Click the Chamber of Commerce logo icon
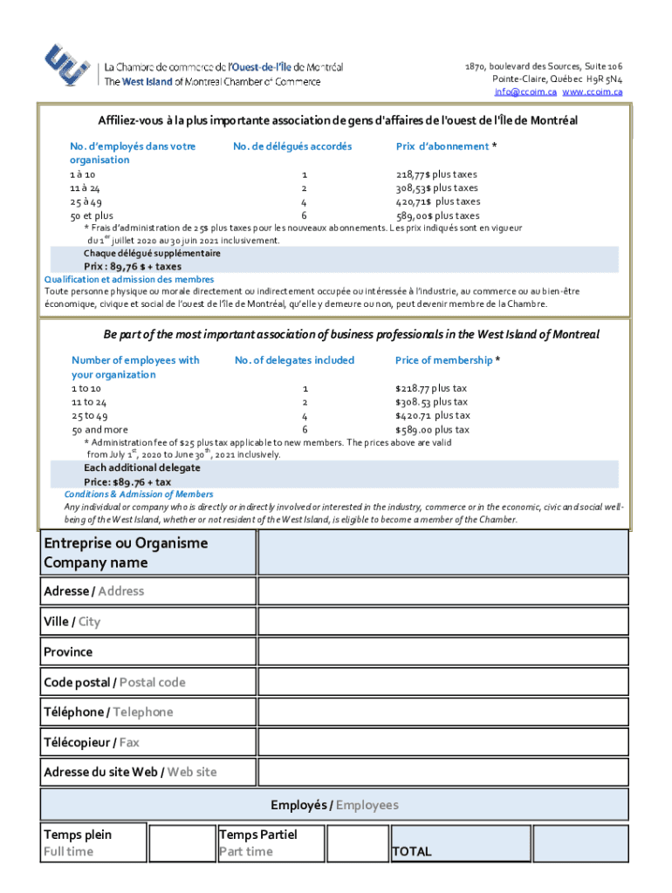click(68, 66)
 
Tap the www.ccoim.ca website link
click(592, 92)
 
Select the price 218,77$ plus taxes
click(436, 174)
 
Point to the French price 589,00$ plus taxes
click(437, 215)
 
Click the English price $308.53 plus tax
click(431, 402)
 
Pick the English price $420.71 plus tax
click(432, 416)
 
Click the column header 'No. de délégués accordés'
click(292, 147)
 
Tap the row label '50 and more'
click(99, 430)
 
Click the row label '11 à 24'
click(85, 188)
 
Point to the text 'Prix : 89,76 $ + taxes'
click(133, 267)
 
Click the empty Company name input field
click(442, 552)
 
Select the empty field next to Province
click(442, 651)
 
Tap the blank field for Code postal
click(442, 682)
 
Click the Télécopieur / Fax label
click(92, 742)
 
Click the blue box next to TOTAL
click(580, 843)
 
